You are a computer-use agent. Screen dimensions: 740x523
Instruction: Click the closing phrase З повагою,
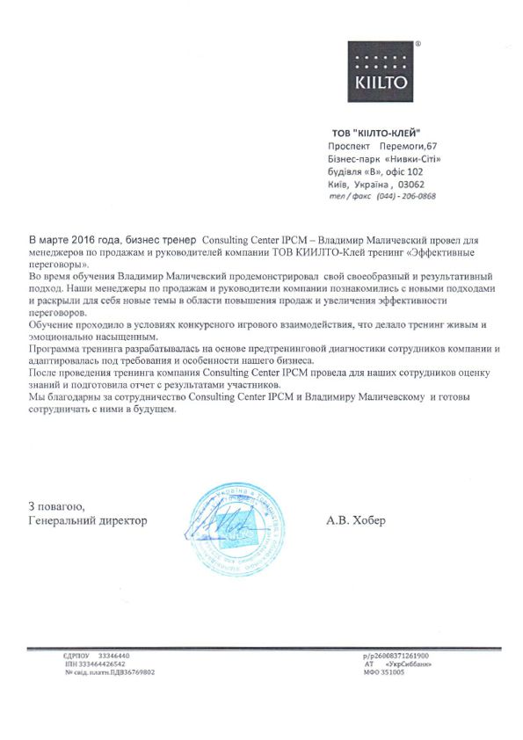(56, 506)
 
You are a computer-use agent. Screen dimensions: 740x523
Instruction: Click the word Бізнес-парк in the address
(352, 158)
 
